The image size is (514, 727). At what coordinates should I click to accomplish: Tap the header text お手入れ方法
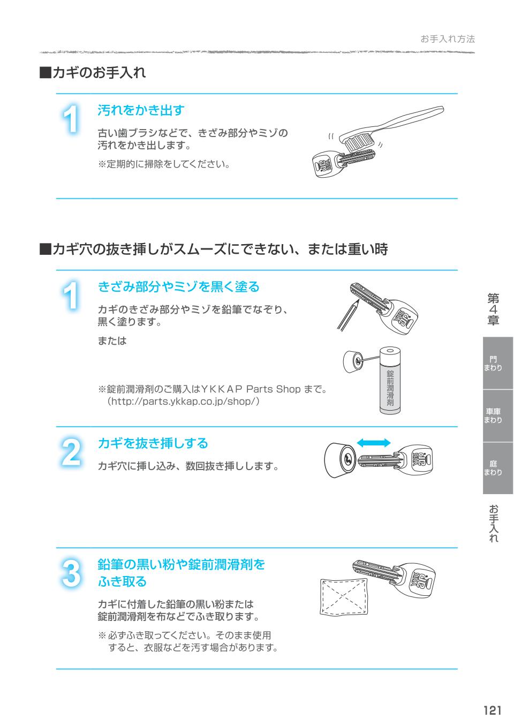pyautogui.click(x=448, y=39)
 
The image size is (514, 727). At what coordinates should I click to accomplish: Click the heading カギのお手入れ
pyautogui.click(x=93, y=72)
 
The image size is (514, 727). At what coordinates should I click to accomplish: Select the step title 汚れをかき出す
pyautogui.click(x=141, y=110)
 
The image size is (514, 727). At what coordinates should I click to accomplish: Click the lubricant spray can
pyautogui.click(x=390, y=381)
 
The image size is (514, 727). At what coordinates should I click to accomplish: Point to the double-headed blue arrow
pyautogui.click(x=374, y=443)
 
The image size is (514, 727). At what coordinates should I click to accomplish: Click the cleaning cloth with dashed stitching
pyautogui.click(x=344, y=597)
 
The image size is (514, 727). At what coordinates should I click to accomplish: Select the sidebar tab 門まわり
pyautogui.click(x=493, y=363)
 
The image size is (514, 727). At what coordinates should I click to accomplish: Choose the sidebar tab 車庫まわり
pyautogui.click(x=493, y=416)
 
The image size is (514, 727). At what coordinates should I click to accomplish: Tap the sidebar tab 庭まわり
pyautogui.click(x=493, y=468)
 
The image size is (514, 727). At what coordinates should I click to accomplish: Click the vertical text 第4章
pyautogui.click(x=493, y=309)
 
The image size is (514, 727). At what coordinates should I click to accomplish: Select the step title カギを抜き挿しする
pyautogui.click(x=153, y=443)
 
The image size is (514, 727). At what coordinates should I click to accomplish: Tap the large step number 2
pyautogui.click(x=71, y=452)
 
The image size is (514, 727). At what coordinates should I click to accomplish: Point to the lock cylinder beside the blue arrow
pyautogui.click(x=341, y=460)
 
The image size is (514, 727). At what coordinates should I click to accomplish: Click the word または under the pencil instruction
pyautogui.click(x=112, y=341)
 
